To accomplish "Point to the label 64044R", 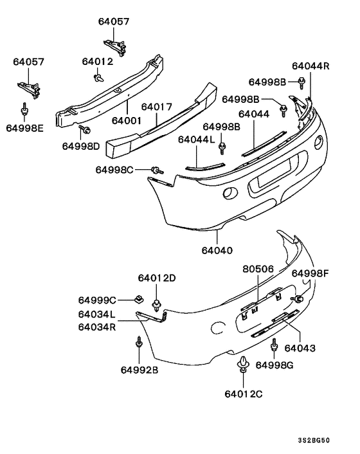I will pos(310,66).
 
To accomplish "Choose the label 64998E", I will pos(25,128).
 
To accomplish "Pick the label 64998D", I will pos(82,147).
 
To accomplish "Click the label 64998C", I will pos(114,170).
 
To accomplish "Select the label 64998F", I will pos(310,273).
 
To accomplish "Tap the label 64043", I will pos(300,348).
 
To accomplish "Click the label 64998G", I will pos(274,365).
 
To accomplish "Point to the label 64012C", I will pos(244,393).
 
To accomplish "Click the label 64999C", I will pos(97,300).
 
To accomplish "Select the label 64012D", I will pos(156,278).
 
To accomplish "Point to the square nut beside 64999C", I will pos(138,298).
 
